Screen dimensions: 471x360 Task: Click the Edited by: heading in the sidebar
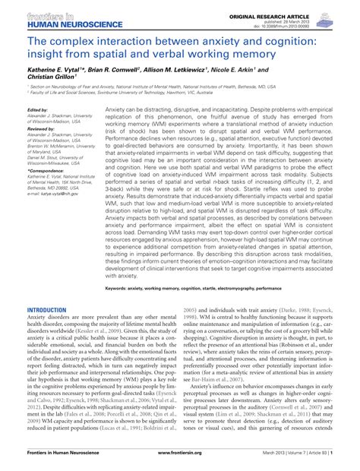click(38, 109)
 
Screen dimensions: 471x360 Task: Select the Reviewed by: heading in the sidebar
click(41, 129)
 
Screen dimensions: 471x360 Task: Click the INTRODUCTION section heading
click(47, 289)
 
